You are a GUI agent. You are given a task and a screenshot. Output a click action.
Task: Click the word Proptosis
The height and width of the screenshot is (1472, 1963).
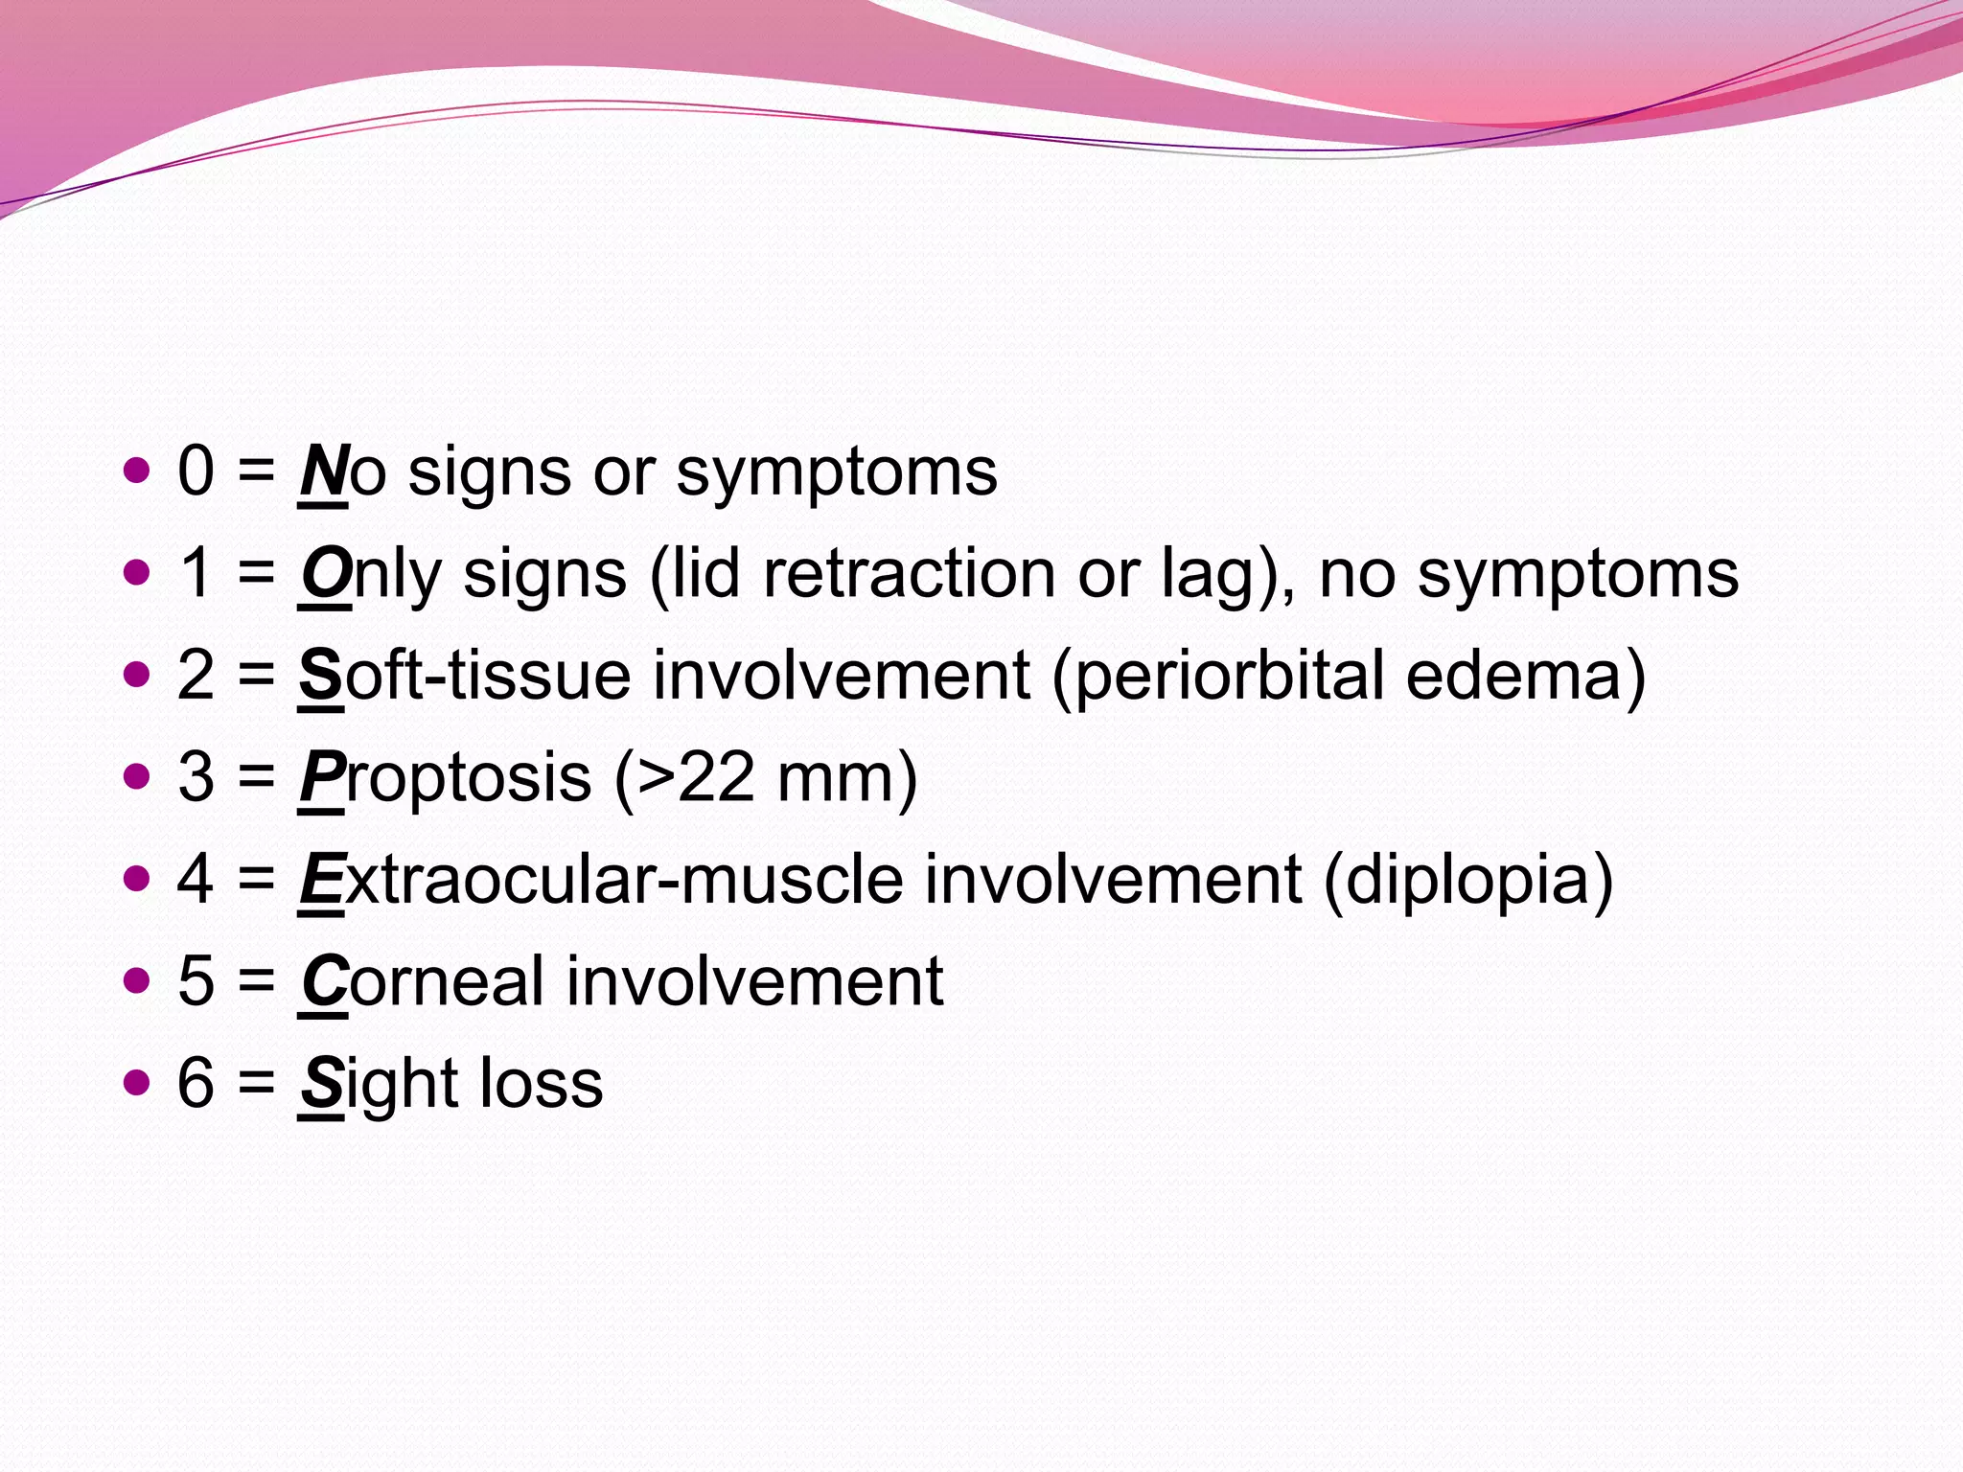coord(445,778)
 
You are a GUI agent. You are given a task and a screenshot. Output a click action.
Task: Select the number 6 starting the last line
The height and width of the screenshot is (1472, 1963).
coord(196,1084)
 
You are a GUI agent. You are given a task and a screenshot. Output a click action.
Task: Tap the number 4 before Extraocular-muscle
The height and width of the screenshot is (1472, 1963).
coord(196,880)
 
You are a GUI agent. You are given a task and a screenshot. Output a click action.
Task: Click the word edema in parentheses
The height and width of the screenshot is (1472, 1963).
coord(1514,676)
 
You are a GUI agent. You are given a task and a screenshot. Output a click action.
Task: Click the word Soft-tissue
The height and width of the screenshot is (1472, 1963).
coord(464,676)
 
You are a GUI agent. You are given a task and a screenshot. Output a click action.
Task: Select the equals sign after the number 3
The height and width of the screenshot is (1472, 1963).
coord(256,778)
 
